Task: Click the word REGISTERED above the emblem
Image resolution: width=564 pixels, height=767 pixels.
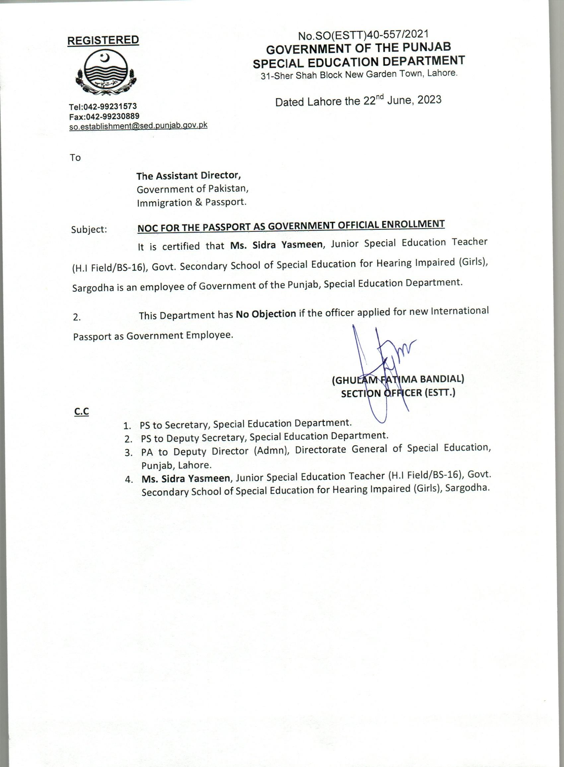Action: (x=103, y=40)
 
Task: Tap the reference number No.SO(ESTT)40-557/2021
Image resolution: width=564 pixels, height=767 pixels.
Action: (x=363, y=35)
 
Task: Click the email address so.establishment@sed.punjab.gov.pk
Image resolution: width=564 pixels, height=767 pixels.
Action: (x=138, y=126)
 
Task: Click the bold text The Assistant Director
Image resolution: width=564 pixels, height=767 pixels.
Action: (x=189, y=176)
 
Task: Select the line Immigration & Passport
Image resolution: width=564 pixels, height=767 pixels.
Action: (x=191, y=202)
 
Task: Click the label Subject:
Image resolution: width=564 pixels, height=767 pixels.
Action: (x=89, y=229)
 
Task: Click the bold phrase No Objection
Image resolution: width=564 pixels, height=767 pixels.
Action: (x=266, y=314)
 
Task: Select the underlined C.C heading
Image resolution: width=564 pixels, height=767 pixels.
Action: (x=82, y=412)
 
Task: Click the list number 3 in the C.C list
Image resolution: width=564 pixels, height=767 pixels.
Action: (x=128, y=453)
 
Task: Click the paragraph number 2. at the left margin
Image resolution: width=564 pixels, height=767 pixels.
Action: (x=77, y=317)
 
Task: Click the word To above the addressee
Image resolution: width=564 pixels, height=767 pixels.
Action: (x=75, y=157)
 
